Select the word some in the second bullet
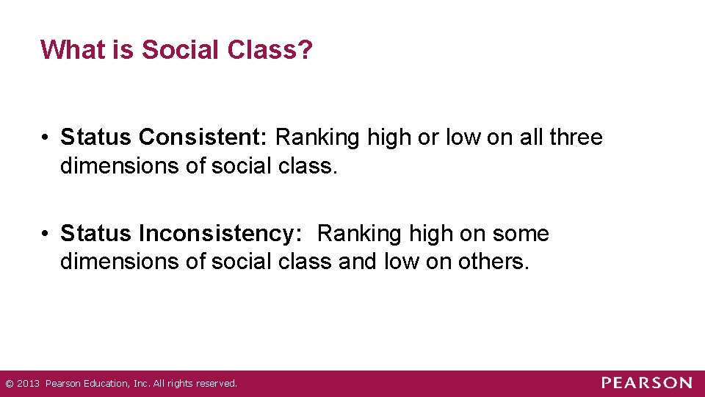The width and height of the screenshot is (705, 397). pyautogui.click(x=522, y=234)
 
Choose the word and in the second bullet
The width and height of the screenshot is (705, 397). pyautogui.click(x=358, y=262)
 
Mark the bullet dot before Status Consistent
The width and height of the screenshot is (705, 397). pyautogui.click(x=46, y=138)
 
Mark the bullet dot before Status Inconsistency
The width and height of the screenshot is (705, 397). pyautogui.click(x=46, y=235)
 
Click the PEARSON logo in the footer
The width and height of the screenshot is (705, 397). pyautogui.click(x=646, y=383)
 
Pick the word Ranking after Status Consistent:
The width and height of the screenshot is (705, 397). pyautogui.click(x=320, y=137)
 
